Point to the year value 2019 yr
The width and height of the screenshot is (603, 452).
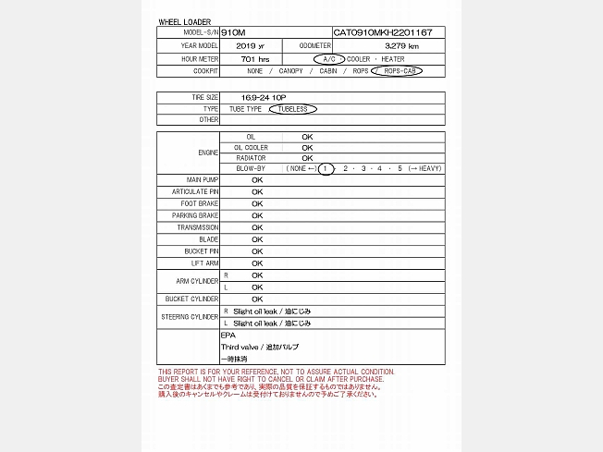[x=250, y=45]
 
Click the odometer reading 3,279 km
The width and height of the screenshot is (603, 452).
[x=401, y=45]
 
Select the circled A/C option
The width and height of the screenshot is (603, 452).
[x=328, y=58]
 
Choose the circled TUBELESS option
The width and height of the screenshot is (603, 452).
[x=292, y=109]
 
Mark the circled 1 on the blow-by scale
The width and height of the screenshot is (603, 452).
[x=326, y=168]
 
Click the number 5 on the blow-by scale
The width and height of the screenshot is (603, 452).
[x=400, y=168]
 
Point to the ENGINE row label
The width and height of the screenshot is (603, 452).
[x=208, y=152]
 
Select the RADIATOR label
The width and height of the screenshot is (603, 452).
[x=252, y=157]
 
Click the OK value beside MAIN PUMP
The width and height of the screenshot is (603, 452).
[x=257, y=180]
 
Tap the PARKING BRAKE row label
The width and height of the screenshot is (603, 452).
[x=195, y=215]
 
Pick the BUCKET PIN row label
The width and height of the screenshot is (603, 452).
[x=201, y=251]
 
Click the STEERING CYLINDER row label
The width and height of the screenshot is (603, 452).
[x=190, y=317]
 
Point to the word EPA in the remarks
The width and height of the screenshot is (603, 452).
[x=228, y=336]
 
